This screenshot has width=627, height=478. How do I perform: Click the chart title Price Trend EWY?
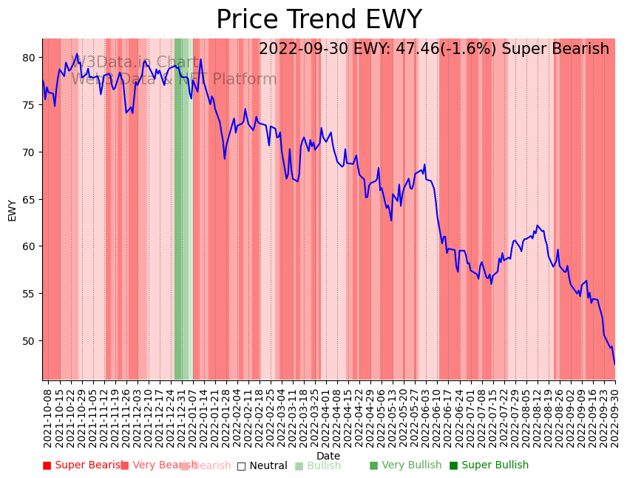[x=319, y=20]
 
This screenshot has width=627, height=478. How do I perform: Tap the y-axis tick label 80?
[x=30, y=58]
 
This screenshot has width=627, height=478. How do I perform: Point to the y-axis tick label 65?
[x=30, y=200]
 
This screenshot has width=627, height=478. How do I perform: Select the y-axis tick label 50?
[x=30, y=341]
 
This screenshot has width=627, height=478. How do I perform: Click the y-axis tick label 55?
[x=30, y=294]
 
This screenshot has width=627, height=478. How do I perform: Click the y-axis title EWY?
[x=12, y=210]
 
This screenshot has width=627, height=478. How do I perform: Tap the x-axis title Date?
[x=328, y=456]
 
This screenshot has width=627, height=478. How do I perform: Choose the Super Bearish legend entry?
[x=83, y=465]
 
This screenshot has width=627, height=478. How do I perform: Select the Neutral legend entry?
[x=262, y=466]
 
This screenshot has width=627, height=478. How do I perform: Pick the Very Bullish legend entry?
[x=405, y=465]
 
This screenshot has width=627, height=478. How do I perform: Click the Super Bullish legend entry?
[x=489, y=465]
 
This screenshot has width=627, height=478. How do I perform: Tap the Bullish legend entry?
[x=318, y=466]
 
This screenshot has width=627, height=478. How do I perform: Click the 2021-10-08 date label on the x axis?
[x=48, y=417]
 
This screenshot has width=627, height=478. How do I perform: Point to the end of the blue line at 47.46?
[x=614, y=364]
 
